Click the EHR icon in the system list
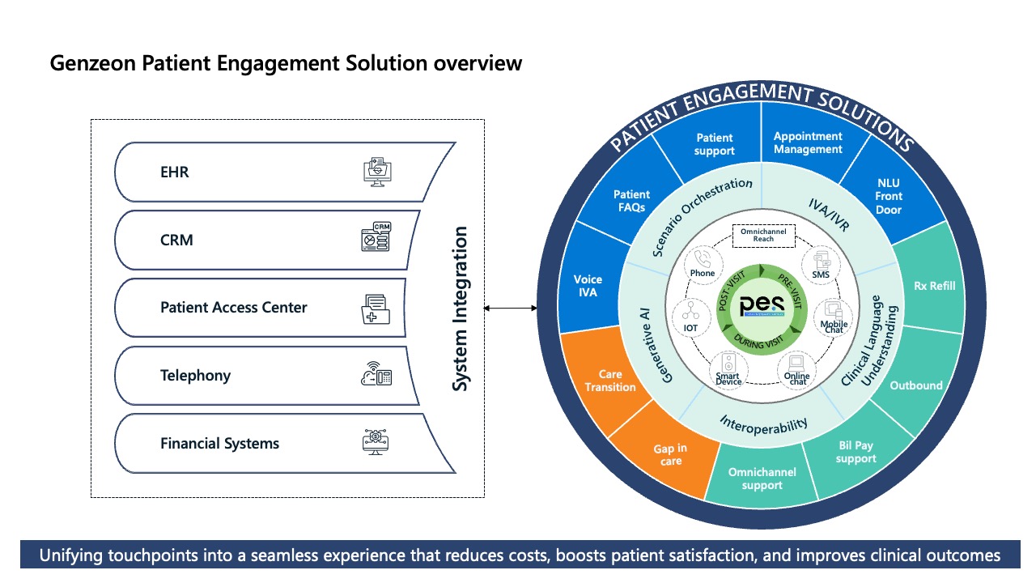click(376, 172)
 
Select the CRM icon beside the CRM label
click(376, 237)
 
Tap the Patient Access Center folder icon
click(376, 309)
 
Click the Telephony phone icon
click(376, 374)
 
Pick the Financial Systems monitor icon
click(376, 442)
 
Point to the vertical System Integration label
click(460, 309)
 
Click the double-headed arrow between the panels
click(510, 308)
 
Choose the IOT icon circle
click(690, 316)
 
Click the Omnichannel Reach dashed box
click(763, 235)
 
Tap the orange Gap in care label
click(670, 454)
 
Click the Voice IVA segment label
click(588, 286)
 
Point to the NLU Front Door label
click(888, 196)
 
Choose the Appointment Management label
click(808, 143)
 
